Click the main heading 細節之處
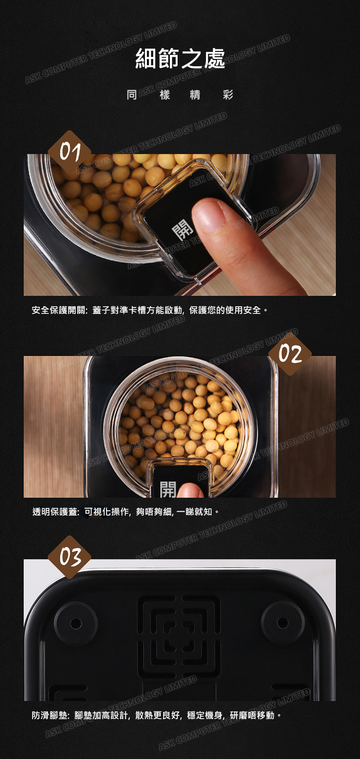coord(180,59)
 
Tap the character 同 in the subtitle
coord(132,95)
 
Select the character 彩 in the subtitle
coord(228,95)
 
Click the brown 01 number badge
coord(70,152)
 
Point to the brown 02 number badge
coord(290,354)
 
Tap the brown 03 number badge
coord(70,557)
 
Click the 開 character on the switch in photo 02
coord(168,489)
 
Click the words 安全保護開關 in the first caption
coord(59,310)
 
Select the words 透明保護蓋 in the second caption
coord(55,512)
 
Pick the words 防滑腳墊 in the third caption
coord(50,715)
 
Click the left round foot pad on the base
coord(76,623)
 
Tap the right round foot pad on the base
coord(283,623)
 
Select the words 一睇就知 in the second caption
coord(194,512)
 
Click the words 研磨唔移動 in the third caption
coord(252,715)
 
